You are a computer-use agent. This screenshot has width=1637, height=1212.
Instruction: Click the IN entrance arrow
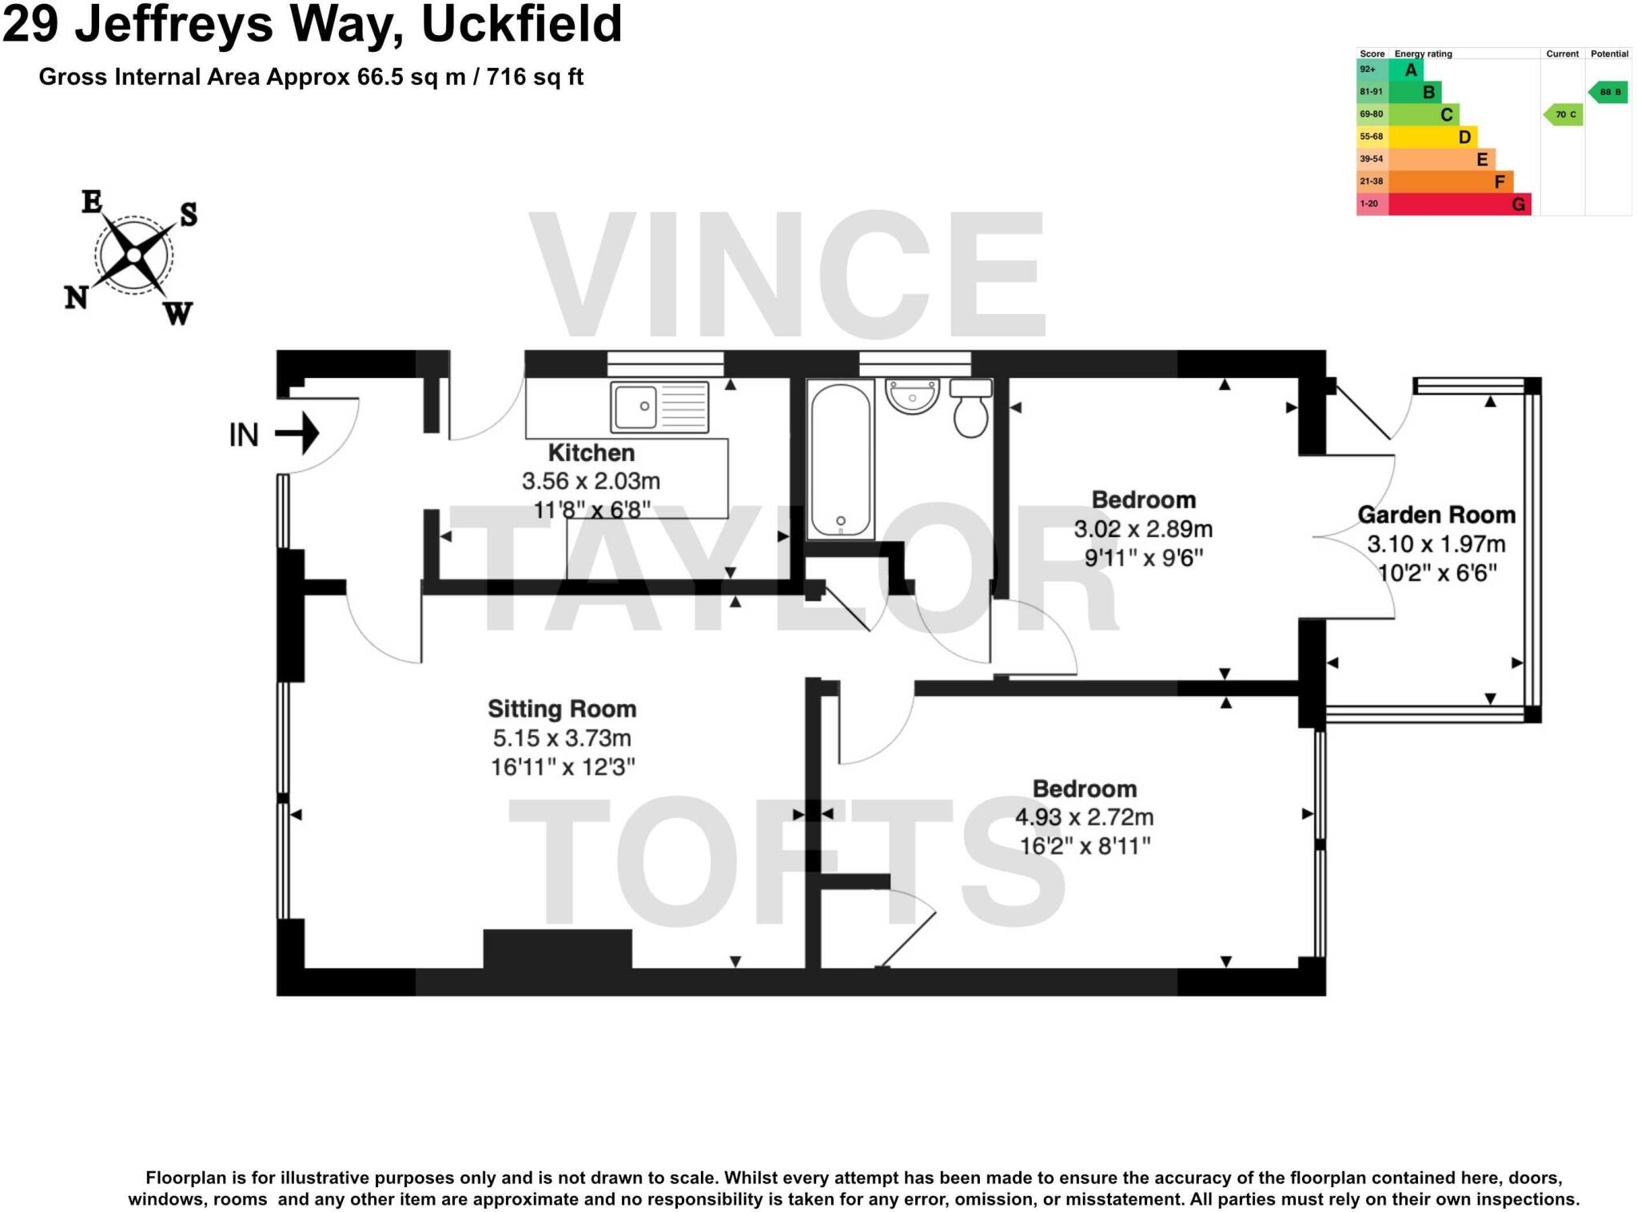(x=297, y=434)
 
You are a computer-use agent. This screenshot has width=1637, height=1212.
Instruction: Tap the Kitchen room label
(x=591, y=453)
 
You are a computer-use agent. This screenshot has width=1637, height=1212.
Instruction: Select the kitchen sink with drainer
(x=659, y=407)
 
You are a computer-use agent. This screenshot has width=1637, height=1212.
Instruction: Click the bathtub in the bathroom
(x=840, y=460)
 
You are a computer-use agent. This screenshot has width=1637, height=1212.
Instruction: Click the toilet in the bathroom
(x=970, y=408)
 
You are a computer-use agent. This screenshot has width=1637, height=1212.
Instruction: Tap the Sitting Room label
(x=562, y=709)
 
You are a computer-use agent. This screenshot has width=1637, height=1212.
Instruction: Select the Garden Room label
(x=1436, y=515)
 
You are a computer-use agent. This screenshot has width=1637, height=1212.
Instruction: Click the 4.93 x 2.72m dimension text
(x=1084, y=817)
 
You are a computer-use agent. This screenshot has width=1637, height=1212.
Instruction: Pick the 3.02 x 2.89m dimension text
(x=1143, y=529)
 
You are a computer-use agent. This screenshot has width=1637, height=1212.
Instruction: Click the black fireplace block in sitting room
(x=557, y=948)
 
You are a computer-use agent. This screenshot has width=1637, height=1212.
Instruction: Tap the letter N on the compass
(x=76, y=298)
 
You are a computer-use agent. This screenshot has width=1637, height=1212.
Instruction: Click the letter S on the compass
(x=188, y=214)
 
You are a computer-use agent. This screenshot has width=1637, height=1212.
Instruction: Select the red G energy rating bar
(x=1459, y=205)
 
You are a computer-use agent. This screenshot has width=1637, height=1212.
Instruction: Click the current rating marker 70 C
(x=1563, y=115)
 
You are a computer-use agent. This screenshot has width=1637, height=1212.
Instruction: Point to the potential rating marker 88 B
(x=1608, y=93)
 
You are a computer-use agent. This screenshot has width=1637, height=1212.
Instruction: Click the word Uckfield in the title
(x=521, y=24)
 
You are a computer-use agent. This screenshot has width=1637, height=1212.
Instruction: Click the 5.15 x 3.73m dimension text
(x=562, y=738)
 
